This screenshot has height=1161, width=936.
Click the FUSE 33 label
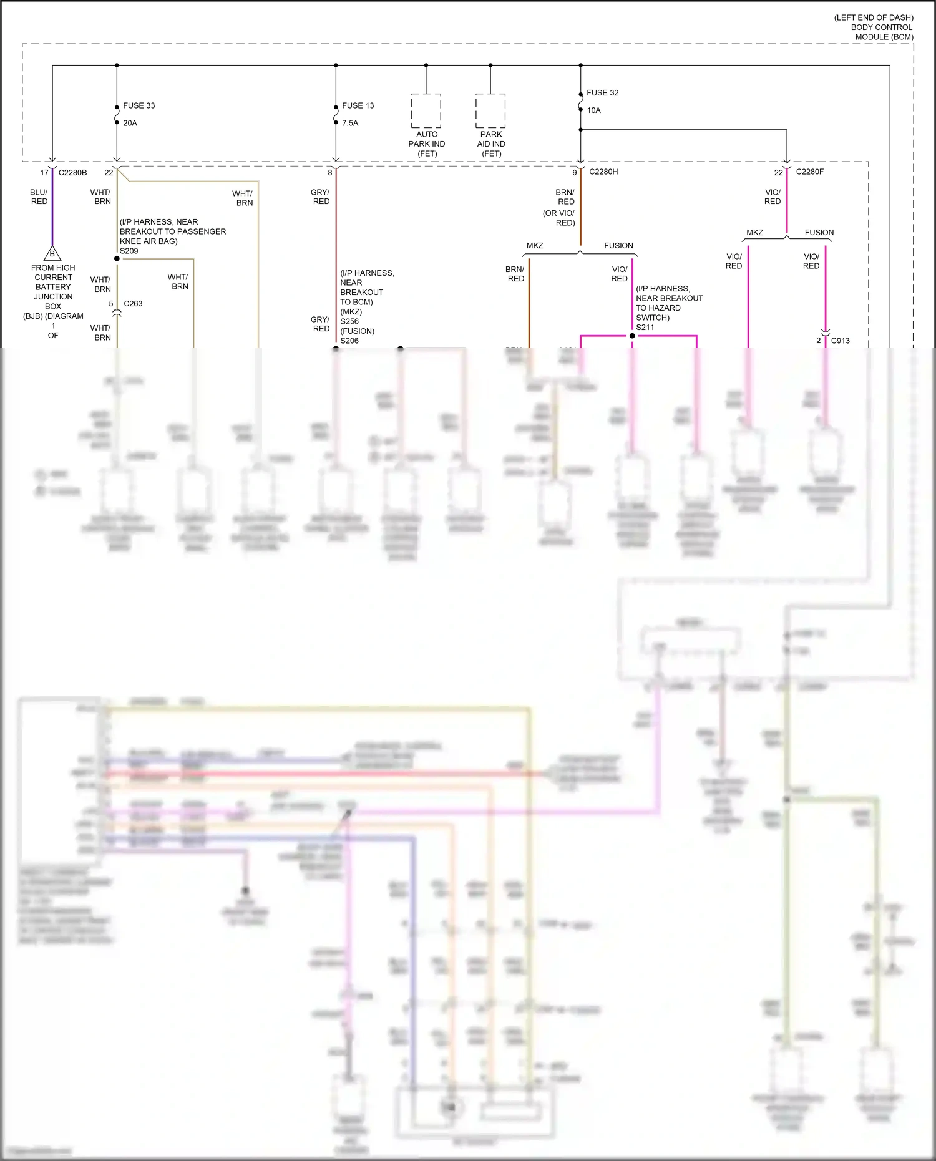(x=139, y=105)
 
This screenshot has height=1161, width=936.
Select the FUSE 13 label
(x=358, y=105)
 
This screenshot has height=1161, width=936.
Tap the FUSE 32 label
(x=602, y=93)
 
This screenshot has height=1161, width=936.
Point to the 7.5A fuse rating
(x=350, y=123)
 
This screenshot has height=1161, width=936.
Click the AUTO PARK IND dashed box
(x=426, y=110)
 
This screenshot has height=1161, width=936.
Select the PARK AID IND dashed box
(x=490, y=110)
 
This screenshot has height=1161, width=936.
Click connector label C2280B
(x=72, y=173)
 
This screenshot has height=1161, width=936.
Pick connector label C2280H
(x=603, y=172)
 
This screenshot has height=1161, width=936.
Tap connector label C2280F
(x=809, y=172)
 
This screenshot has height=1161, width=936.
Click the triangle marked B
(x=52, y=254)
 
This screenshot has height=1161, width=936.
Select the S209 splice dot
(x=117, y=258)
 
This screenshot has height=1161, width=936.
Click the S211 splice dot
(x=632, y=336)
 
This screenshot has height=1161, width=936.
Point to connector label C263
(x=133, y=304)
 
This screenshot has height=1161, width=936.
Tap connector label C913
(x=840, y=341)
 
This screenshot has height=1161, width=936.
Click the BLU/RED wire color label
(x=39, y=197)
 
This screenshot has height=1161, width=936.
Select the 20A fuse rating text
(x=130, y=123)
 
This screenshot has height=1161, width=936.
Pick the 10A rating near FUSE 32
(x=593, y=110)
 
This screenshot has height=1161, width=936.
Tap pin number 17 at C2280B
(x=44, y=173)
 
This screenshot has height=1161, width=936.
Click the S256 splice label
(x=349, y=321)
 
